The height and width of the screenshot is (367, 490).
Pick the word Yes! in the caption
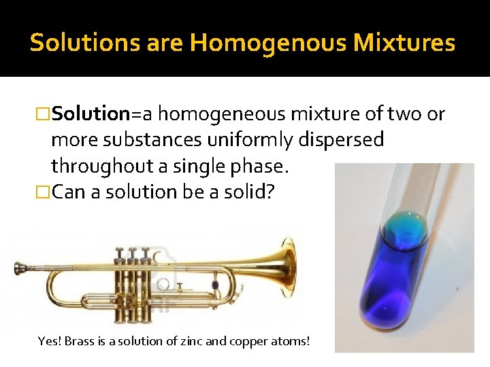(x=49, y=340)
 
